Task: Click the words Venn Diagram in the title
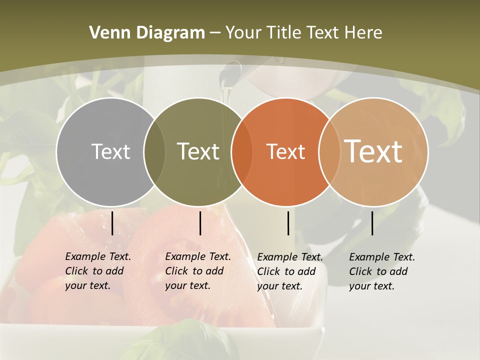[147, 33]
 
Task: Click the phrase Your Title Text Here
[303, 33]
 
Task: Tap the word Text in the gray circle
[110, 151]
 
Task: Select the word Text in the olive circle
[198, 151]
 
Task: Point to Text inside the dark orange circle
[285, 151]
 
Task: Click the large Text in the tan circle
[373, 151]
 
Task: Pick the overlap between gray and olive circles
[154, 152]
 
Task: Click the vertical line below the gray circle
[112, 223]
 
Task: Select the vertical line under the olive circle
[200, 223]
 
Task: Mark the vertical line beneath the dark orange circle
[288, 223]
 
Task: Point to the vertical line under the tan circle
[372, 223]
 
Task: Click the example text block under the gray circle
[98, 271]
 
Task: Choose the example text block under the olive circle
[198, 271]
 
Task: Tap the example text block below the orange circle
[290, 271]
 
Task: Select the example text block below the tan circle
[382, 271]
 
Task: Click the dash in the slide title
[215, 33]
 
